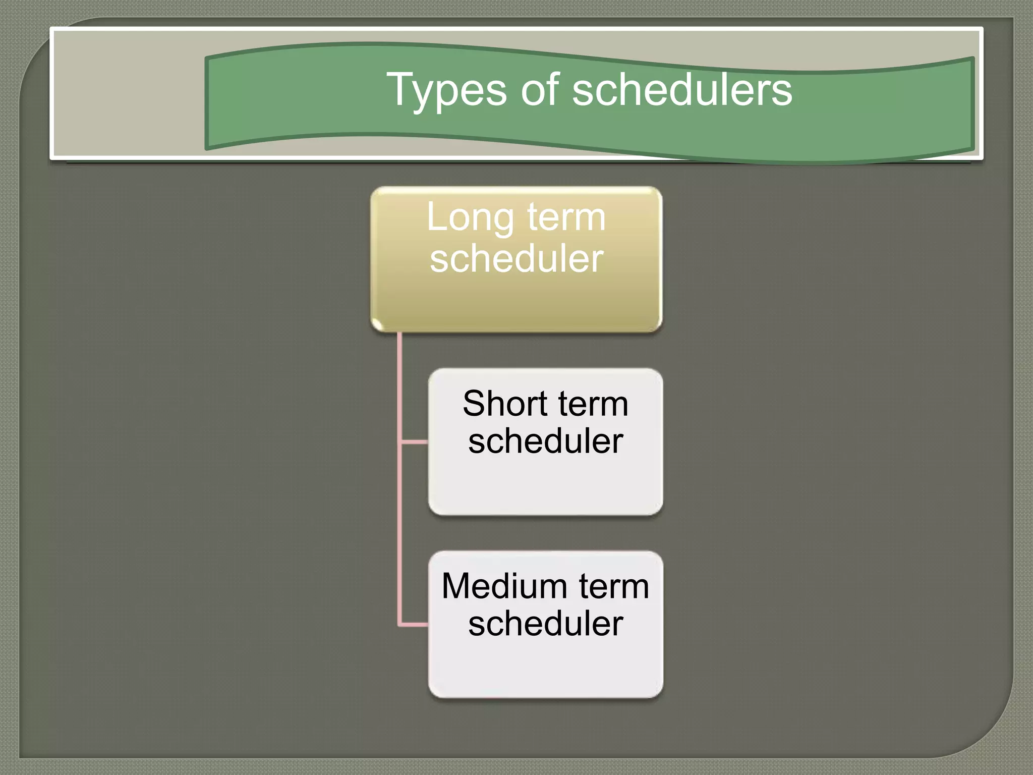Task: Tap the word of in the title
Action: tap(540, 90)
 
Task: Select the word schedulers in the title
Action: tap(682, 90)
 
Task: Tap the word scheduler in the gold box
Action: tap(516, 259)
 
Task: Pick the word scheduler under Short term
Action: tap(545, 441)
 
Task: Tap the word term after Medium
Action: tap(613, 587)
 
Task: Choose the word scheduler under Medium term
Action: tap(545, 624)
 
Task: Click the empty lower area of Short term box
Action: tap(545, 487)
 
